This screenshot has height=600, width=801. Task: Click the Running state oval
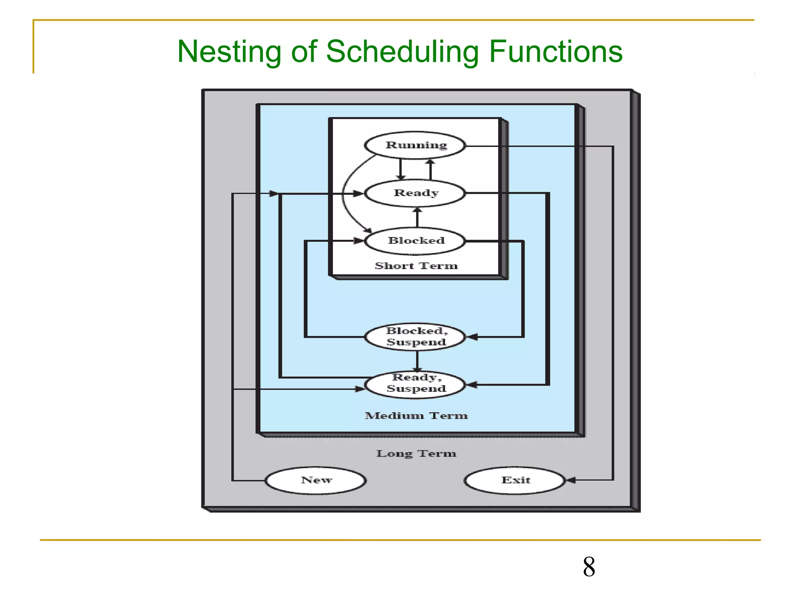coord(415,145)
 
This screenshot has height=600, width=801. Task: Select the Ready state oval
coord(415,193)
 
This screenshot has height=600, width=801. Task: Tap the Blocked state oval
coord(415,241)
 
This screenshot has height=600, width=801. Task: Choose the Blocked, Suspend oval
coord(415,336)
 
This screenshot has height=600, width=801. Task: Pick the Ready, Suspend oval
coord(415,384)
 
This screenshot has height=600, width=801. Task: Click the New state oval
coord(316,480)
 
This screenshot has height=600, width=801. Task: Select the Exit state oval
coord(515,480)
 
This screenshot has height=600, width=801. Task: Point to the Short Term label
coord(416,266)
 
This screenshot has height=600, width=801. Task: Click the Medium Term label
coord(416,416)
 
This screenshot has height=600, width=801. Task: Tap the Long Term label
coord(416,454)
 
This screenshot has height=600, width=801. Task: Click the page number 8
coord(589,567)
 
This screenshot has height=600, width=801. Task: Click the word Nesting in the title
coord(229,52)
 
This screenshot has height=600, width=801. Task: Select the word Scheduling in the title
coord(402,52)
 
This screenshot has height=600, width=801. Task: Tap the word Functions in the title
coord(555,52)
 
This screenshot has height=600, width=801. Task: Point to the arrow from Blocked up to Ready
coord(417,218)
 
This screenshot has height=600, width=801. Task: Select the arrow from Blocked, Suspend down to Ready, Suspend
coord(417,361)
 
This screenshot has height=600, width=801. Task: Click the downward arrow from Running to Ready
coord(400,169)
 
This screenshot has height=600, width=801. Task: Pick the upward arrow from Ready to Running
coord(431,169)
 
